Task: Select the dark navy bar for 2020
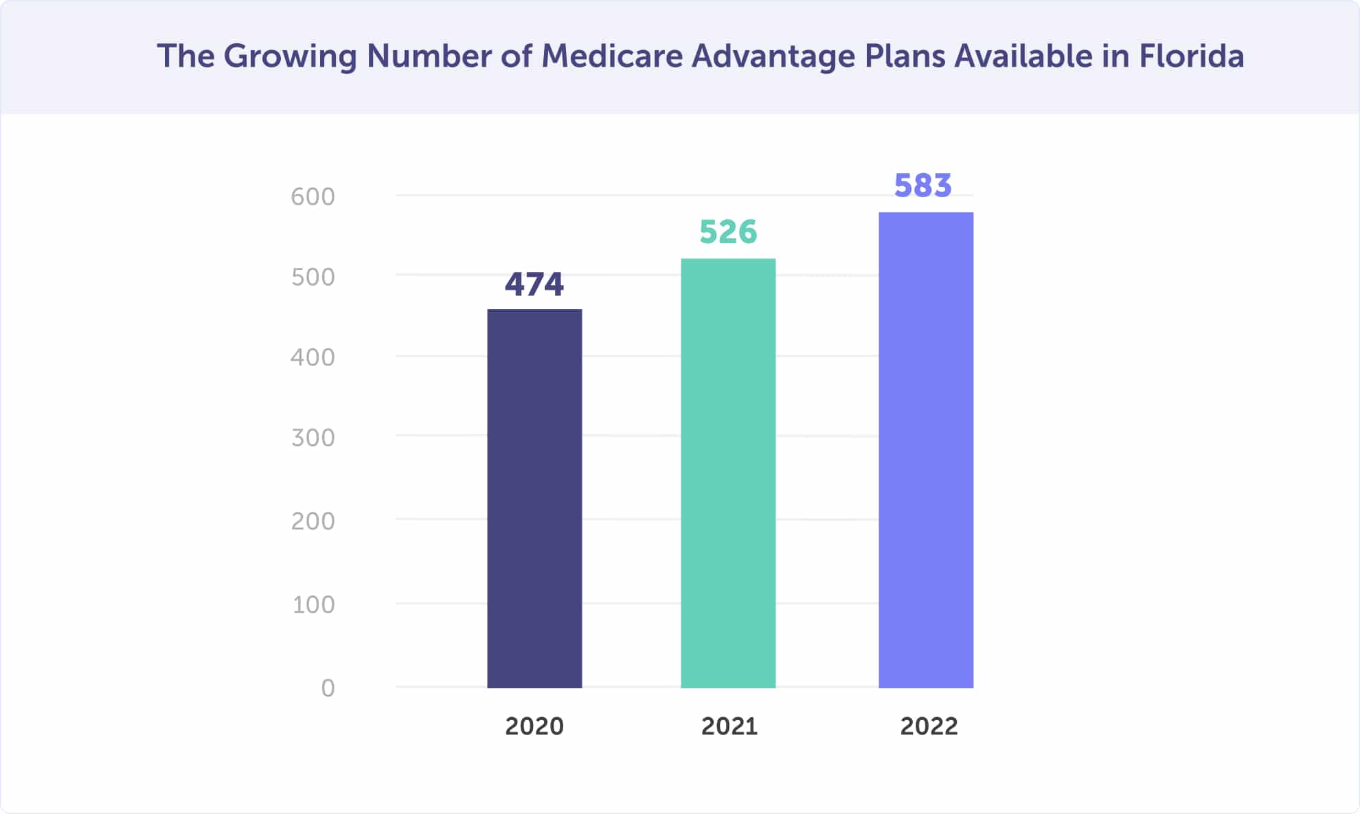[534, 498]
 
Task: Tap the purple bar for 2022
[926, 450]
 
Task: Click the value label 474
[534, 284]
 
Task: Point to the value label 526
[728, 232]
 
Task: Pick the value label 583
[922, 185]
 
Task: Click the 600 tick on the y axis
[313, 197]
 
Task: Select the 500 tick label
[313, 278]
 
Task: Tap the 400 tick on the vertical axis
[313, 358]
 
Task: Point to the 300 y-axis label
[313, 438]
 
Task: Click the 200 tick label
[313, 522]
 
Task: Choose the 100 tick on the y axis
[313, 605]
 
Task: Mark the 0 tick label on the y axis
[328, 688]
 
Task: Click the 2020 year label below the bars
[534, 727]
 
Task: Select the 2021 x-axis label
[729, 727]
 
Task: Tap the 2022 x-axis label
[929, 727]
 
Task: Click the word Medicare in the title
[612, 56]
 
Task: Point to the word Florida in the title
[1191, 56]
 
